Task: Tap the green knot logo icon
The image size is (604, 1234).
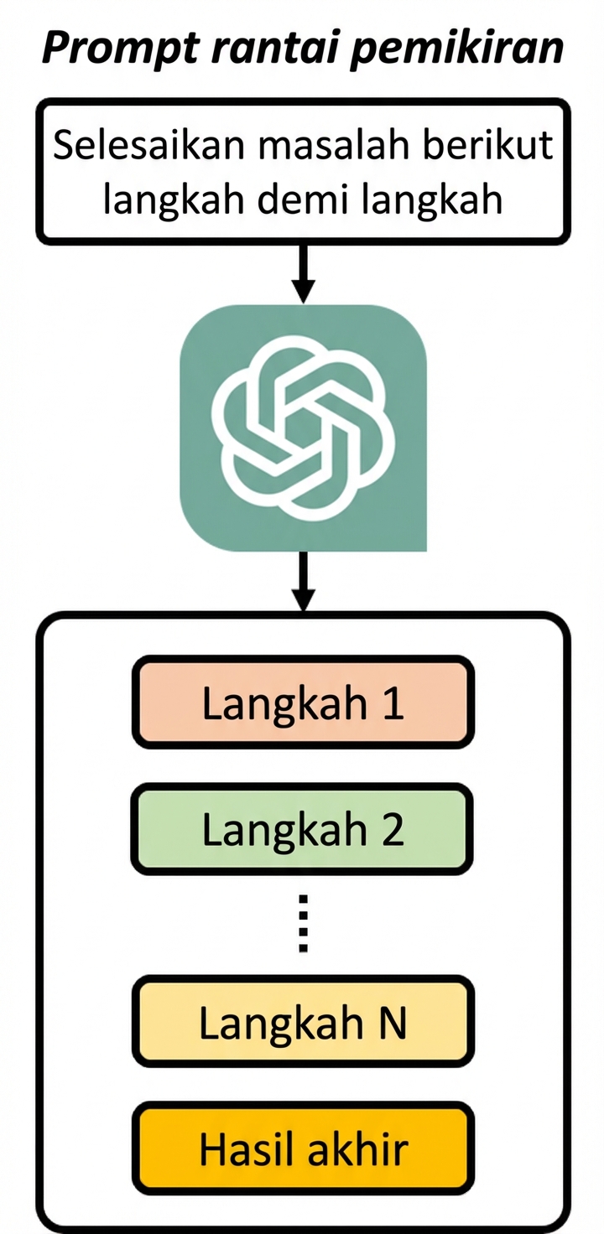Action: pos(303,428)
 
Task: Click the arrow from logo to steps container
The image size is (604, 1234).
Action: pos(304,582)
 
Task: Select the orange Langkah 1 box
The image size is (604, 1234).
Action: pos(303,703)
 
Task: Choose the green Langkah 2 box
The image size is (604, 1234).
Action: pos(303,829)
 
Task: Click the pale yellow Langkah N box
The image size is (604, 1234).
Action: pos(303,1022)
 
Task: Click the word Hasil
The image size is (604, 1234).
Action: pos(249,1148)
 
